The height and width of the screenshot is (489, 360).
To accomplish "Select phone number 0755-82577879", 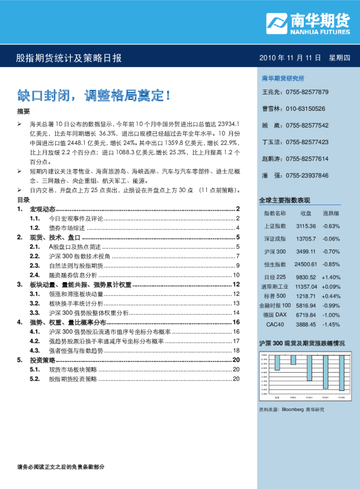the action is click(307, 92).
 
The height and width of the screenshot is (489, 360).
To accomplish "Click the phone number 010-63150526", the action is click(306, 109).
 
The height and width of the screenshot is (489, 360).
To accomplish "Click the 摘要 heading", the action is click(23, 112).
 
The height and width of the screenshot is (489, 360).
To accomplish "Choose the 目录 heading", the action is click(23, 199).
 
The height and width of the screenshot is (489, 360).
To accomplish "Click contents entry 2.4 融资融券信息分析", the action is click(72, 275).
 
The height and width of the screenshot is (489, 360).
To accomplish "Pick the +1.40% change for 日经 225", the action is click(332, 277).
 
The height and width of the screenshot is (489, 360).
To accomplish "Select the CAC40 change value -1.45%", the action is click(331, 325).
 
